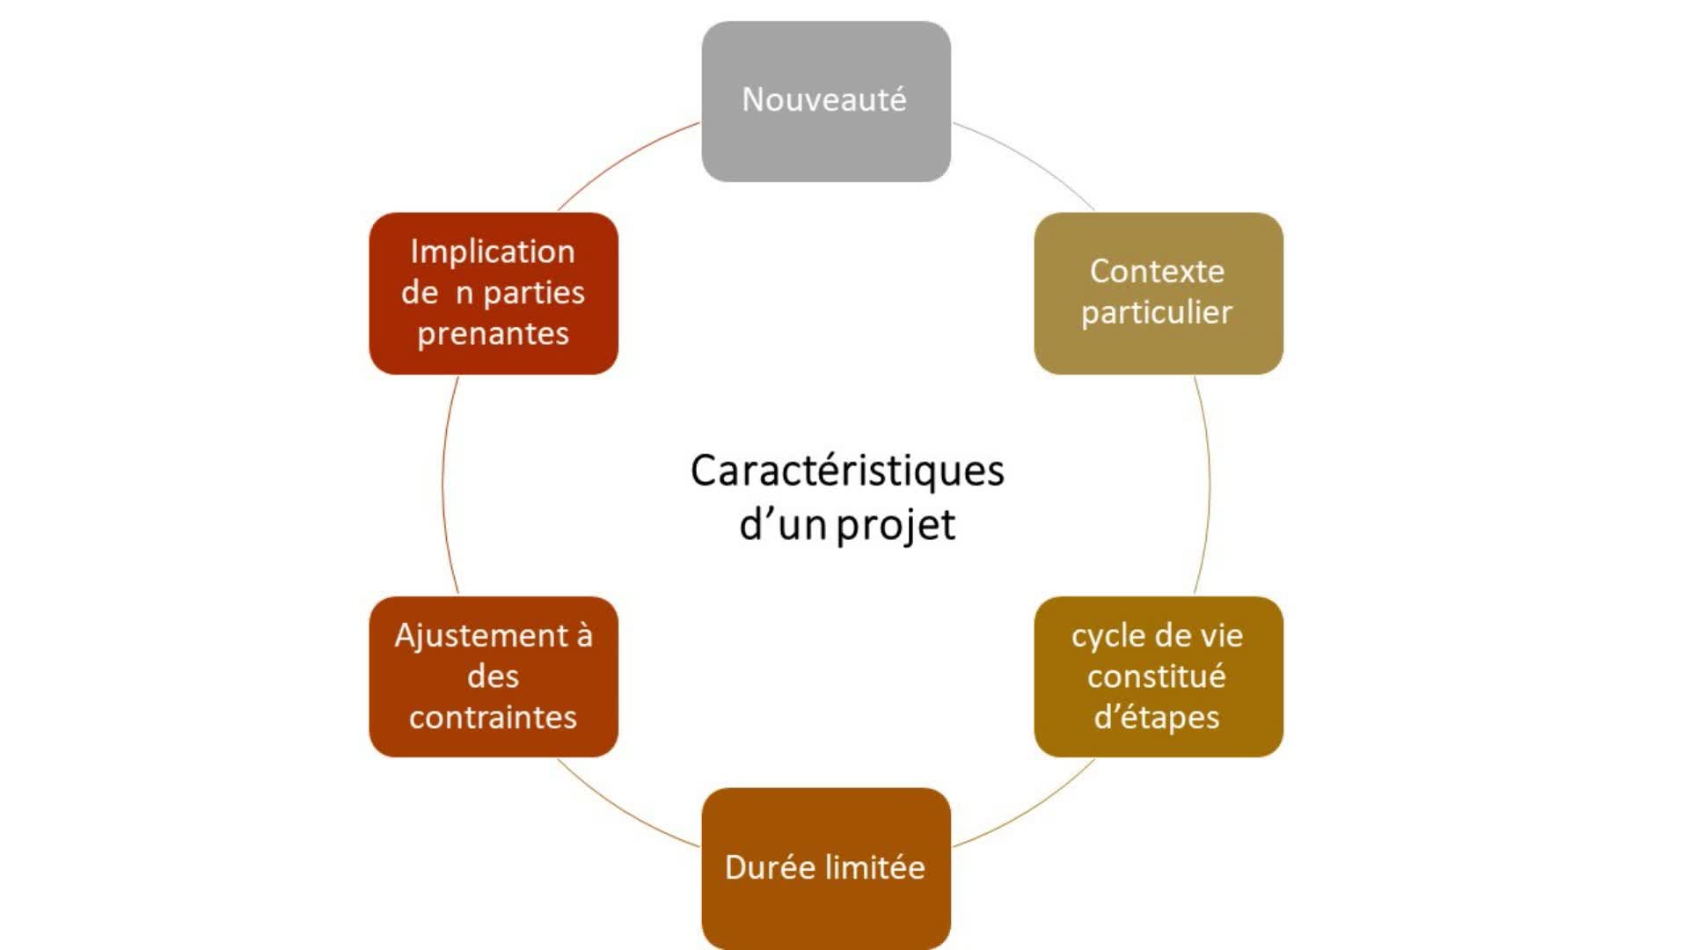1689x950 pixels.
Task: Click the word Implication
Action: (x=493, y=252)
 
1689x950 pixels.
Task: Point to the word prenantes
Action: (x=493, y=334)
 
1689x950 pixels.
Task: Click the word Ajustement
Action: (x=480, y=636)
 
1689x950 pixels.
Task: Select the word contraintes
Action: (x=493, y=718)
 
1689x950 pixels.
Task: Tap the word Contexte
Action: (x=1157, y=271)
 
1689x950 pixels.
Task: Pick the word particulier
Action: (x=1157, y=312)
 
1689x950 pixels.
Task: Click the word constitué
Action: (x=1156, y=676)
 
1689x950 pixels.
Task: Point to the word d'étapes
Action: (x=1156, y=718)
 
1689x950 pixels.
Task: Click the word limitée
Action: (x=875, y=867)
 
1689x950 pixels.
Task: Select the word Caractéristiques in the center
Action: (x=846, y=471)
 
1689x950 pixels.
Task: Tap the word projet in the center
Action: (x=895, y=526)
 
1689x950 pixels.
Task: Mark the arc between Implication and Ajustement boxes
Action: (x=443, y=484)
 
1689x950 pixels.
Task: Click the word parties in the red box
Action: (x=534, y=293)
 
